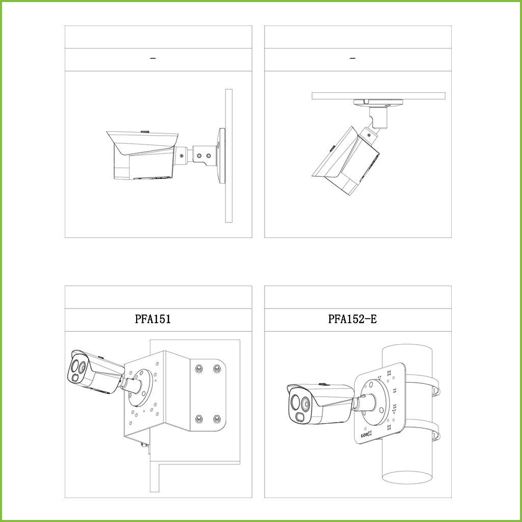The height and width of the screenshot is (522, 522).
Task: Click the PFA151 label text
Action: coord(153,319)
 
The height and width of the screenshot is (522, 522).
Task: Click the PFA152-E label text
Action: coord(353,319)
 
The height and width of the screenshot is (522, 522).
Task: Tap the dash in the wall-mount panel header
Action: coord(153,59)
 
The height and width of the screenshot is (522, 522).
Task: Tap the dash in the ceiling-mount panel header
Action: coord(353,59)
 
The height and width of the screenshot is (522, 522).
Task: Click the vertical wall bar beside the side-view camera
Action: coord(229,155)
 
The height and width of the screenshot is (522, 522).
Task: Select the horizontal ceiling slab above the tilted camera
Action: coord(379,96)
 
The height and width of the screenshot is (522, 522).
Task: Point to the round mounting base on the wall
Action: coord(221,155)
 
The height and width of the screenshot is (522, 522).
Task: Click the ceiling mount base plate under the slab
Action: coord(379,103)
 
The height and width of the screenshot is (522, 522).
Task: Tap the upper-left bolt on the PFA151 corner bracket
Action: coord(199,369)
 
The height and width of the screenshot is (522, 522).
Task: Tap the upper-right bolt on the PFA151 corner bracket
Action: coord(217,369)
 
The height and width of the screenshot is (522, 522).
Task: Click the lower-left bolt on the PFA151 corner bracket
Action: coord(199,419)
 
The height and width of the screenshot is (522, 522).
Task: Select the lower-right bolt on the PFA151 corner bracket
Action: coord(217,419)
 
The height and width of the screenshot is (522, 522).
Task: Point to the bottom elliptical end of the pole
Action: coord(407,477)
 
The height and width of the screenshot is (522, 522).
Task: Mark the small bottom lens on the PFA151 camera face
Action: coord(74,378)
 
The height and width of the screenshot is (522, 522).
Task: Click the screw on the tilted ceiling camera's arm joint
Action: coord(369,135)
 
